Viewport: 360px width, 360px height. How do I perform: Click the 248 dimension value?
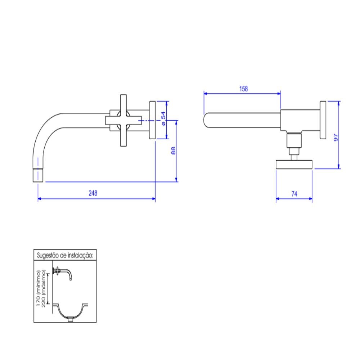93,193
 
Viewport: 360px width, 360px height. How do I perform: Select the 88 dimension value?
173,150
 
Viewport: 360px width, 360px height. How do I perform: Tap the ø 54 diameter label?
163,118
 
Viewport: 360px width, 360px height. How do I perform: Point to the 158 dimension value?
244,89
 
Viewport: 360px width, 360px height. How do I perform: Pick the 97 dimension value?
336,137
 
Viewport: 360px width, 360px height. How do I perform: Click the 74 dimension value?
294,194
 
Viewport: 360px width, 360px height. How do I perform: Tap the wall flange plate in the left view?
152,120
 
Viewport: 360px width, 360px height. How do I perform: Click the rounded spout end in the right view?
207,120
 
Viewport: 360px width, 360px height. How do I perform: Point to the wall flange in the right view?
323,120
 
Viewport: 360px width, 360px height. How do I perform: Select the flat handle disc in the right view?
294,164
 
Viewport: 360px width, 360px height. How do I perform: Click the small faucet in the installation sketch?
64,273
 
